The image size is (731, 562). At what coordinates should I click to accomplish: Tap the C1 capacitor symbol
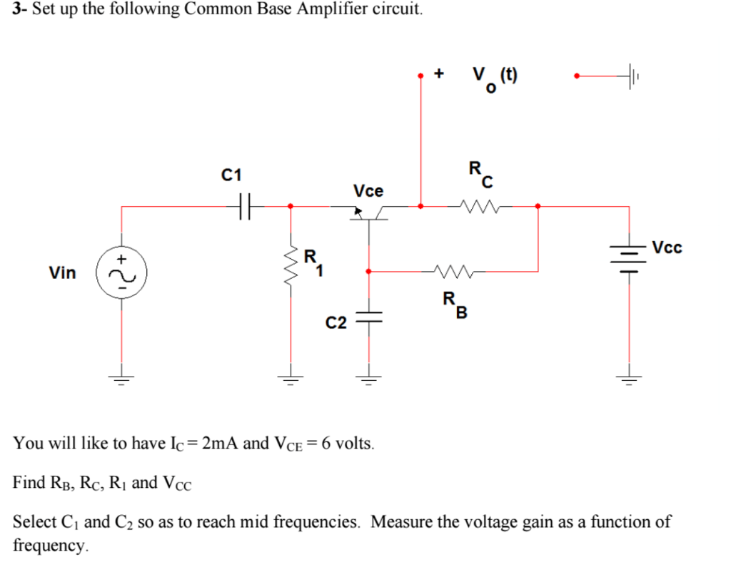(243, 207)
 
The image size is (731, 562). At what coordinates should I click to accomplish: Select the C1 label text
(232, 175)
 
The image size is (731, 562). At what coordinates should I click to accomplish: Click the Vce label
(368, 191)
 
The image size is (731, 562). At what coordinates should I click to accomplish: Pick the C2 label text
(336, 323)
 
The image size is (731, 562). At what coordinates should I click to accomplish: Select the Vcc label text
(667, 247)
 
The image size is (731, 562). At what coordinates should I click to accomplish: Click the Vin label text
(62, 272)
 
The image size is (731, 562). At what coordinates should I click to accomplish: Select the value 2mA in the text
(220, 443)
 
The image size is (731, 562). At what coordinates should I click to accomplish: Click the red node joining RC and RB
(538, 207)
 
